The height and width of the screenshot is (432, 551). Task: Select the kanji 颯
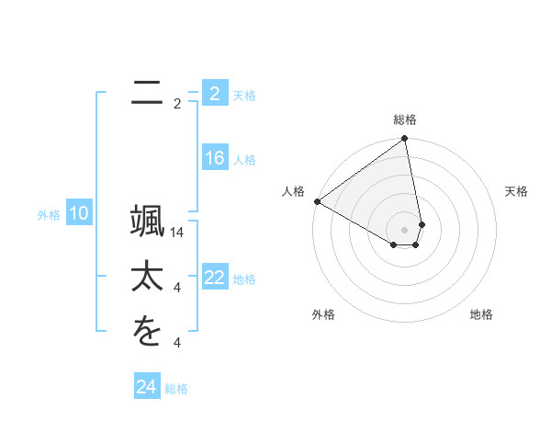pyautogui.click(x=147, y=226)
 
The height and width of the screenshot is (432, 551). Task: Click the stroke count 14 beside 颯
pyautogui.click(x=177, y=233)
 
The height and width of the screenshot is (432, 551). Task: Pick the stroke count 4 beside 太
pyautogui.click(x=177, y=288)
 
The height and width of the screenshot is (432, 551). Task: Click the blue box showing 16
pyautogui.click(x=214, y=158)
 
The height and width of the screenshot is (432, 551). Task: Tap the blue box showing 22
pyautogui.click(x=214, y=278)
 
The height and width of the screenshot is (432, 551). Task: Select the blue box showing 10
pyautogui.click(x=78, y=214)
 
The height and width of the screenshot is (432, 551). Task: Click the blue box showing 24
pyautogui.click(x=146, y=387)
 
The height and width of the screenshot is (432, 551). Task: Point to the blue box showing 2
pyautogui.click(x=214, y=93)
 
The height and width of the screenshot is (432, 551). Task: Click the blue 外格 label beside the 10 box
pyautogui.click(x=49, y=215)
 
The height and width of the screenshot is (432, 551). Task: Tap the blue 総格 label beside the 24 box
pyautogui.click(x=176, y=389)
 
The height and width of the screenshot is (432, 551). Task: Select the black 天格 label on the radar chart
pyautogui.click(x=517, y=191)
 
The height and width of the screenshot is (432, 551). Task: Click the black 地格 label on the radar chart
pyautogui.click(x=481, y=314)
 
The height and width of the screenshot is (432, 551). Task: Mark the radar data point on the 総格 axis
pyautogui.click(x=404, y=139)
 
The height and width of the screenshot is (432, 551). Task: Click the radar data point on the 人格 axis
pyautogui.click(x=317, y=200)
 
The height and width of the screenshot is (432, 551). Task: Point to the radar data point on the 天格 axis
pyautogui.click(x=422, y=223)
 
